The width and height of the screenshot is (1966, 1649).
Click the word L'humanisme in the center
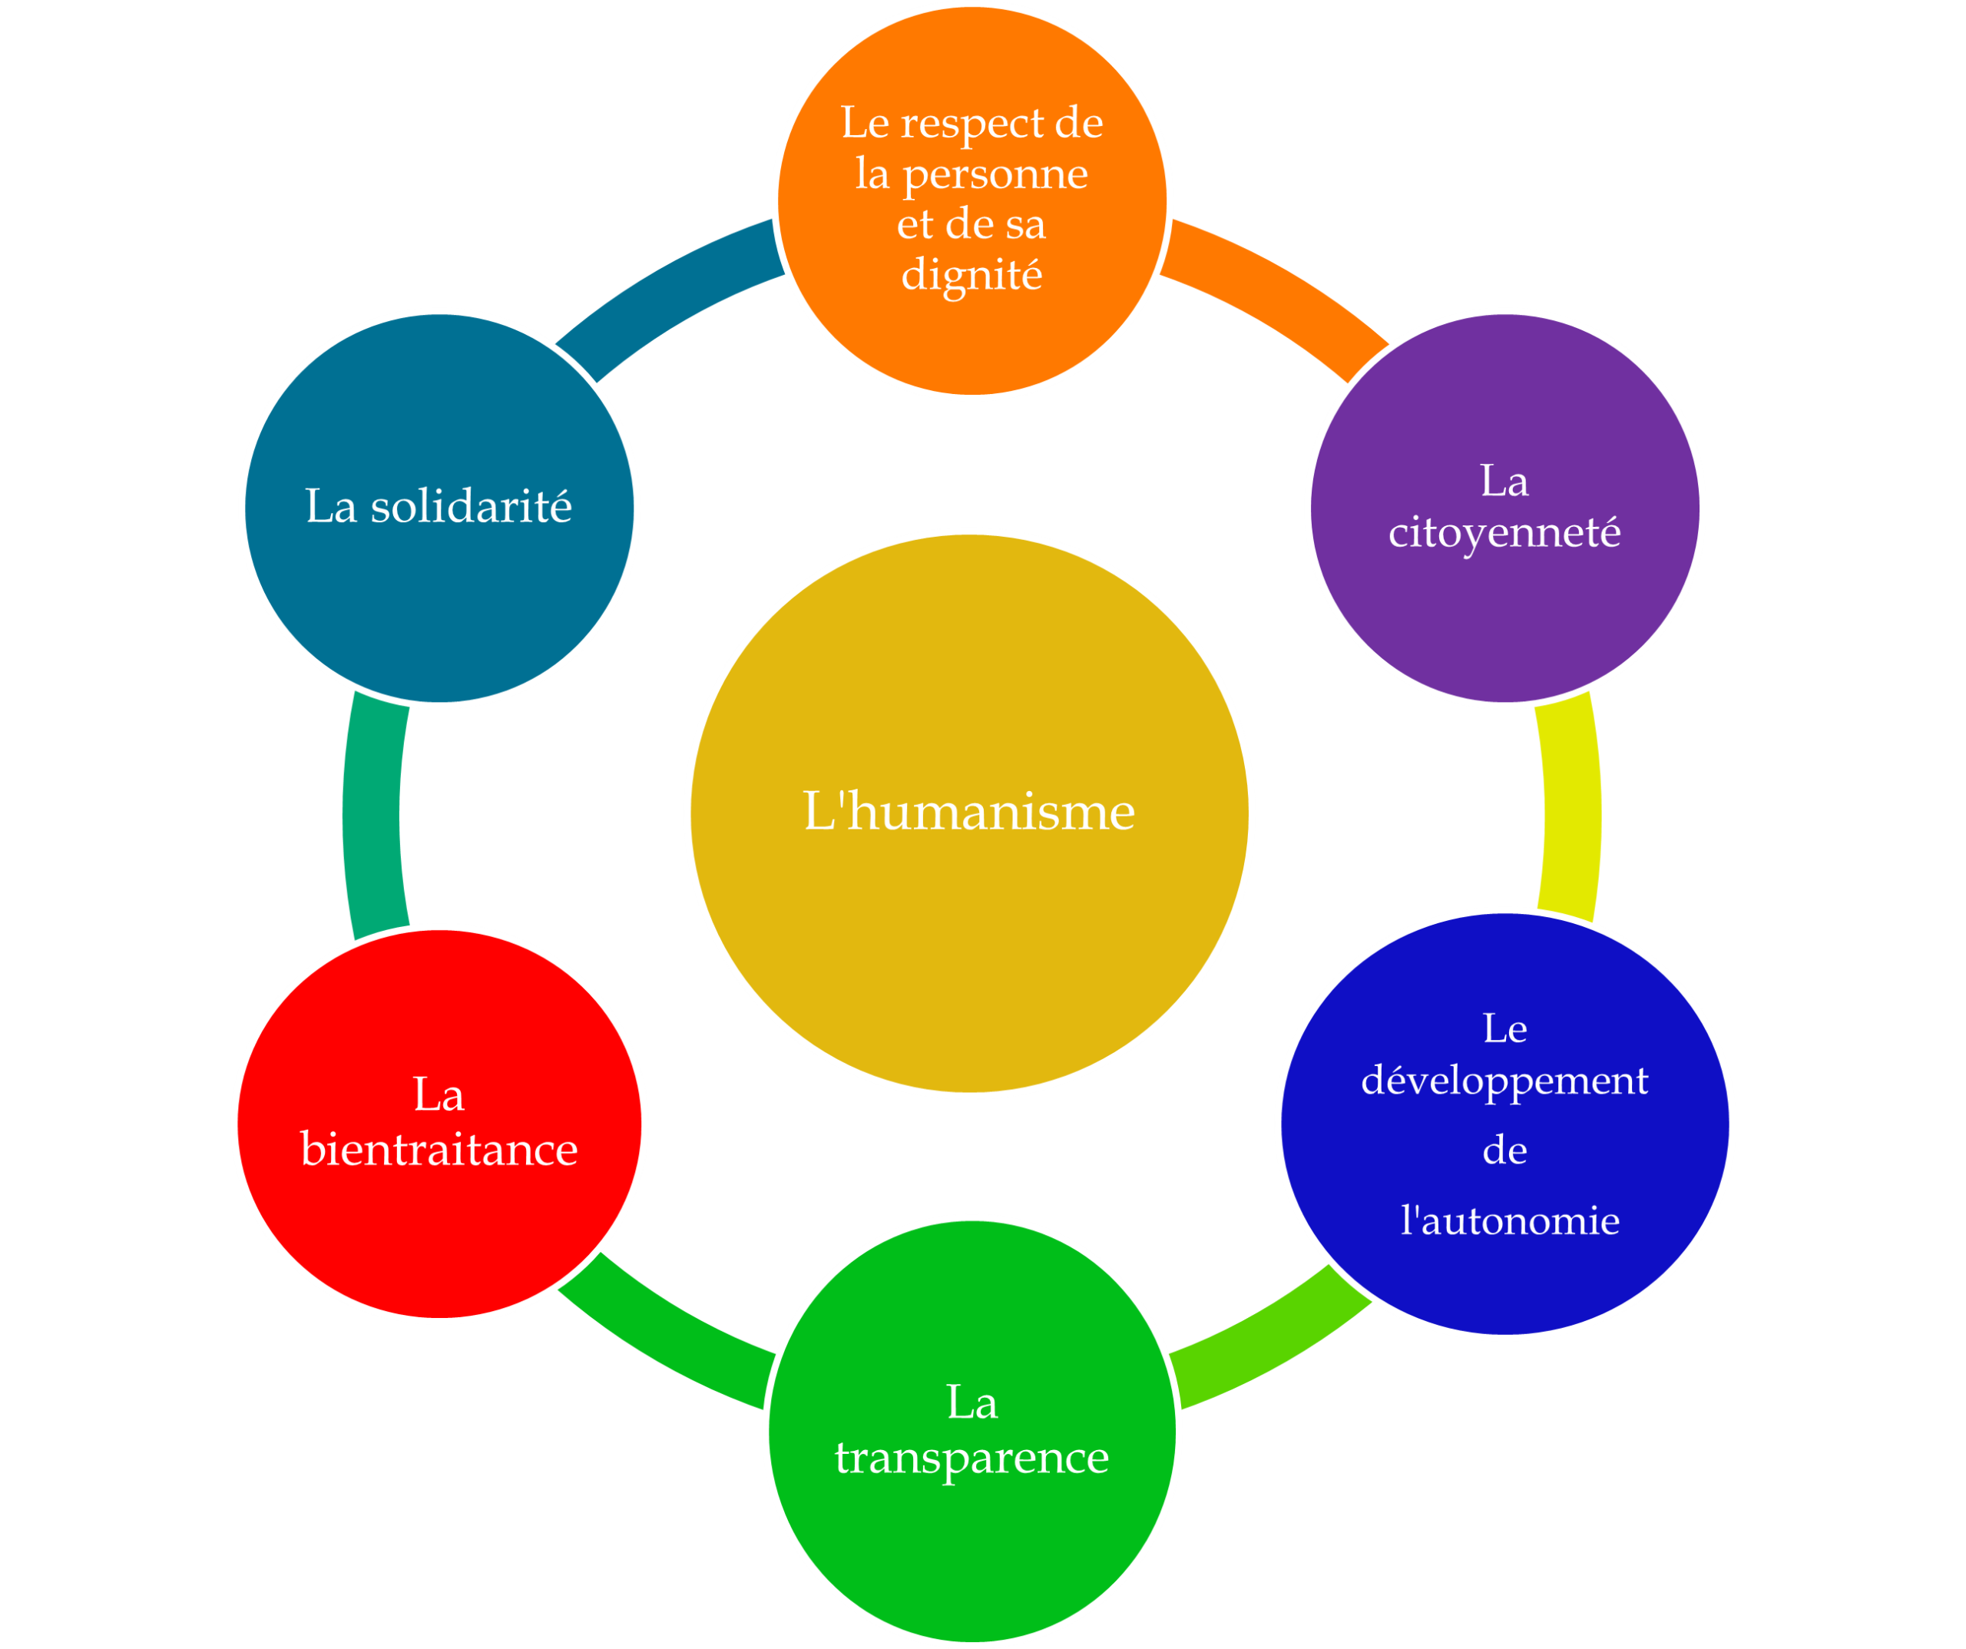(969, 811)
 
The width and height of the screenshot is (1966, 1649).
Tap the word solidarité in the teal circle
(471, 507)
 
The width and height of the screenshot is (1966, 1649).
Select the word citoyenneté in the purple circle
(1504, 532)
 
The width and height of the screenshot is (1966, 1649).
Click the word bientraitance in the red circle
(439, 1149)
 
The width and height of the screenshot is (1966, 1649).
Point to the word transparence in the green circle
(971, 1457)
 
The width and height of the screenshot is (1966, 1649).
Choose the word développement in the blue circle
(1504, 1080)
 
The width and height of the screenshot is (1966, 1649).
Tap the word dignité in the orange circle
(971, 274)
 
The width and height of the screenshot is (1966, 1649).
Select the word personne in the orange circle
(995, 174)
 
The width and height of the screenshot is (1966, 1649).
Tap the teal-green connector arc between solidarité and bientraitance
(372, 815)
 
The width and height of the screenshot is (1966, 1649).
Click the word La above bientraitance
(439, 1094)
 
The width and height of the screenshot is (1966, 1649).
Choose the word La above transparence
(971, 1402)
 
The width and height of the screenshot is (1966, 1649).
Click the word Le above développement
(1504, 1028)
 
